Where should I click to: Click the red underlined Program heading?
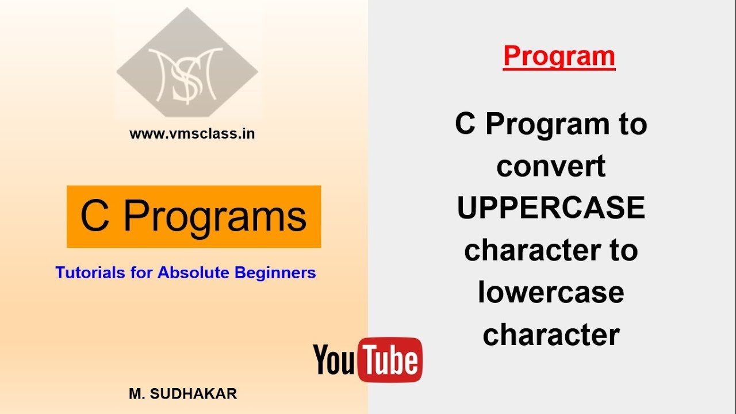coord(559,57)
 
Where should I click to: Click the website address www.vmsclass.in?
coord(192,134)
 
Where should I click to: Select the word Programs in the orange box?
coord(215,217)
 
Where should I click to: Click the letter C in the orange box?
coord(95,215)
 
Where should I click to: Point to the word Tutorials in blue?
coord(90,273)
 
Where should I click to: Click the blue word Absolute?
coord(193,273)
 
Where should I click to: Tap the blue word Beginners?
coord(275,273)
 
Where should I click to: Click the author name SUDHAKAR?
coord(194,394)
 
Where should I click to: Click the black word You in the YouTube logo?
coord(334,359)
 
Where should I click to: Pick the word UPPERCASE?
coord(551,208)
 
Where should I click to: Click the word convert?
coord(551,166)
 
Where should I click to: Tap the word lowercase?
coord(551,292)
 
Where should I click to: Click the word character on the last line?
coord(551,335)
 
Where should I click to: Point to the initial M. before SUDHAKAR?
coord(137,394)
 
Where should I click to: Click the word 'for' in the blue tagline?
coord(141,273)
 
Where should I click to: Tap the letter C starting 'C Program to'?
coord(465,123)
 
